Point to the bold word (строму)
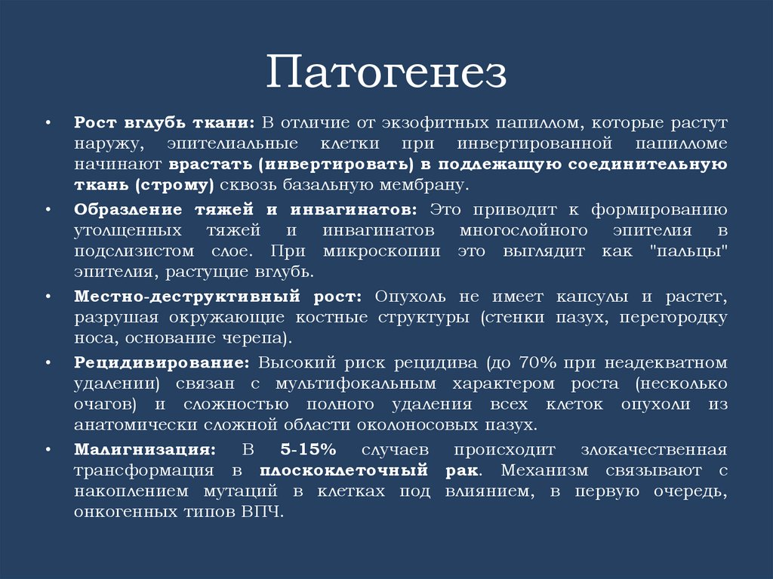click(x=174, y=185)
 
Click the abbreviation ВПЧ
click(x=262, y=512)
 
